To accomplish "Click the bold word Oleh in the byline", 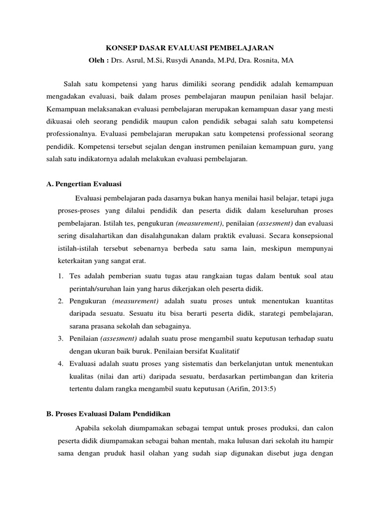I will pos(98,60).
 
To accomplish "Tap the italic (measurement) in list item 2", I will pos(135,301).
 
